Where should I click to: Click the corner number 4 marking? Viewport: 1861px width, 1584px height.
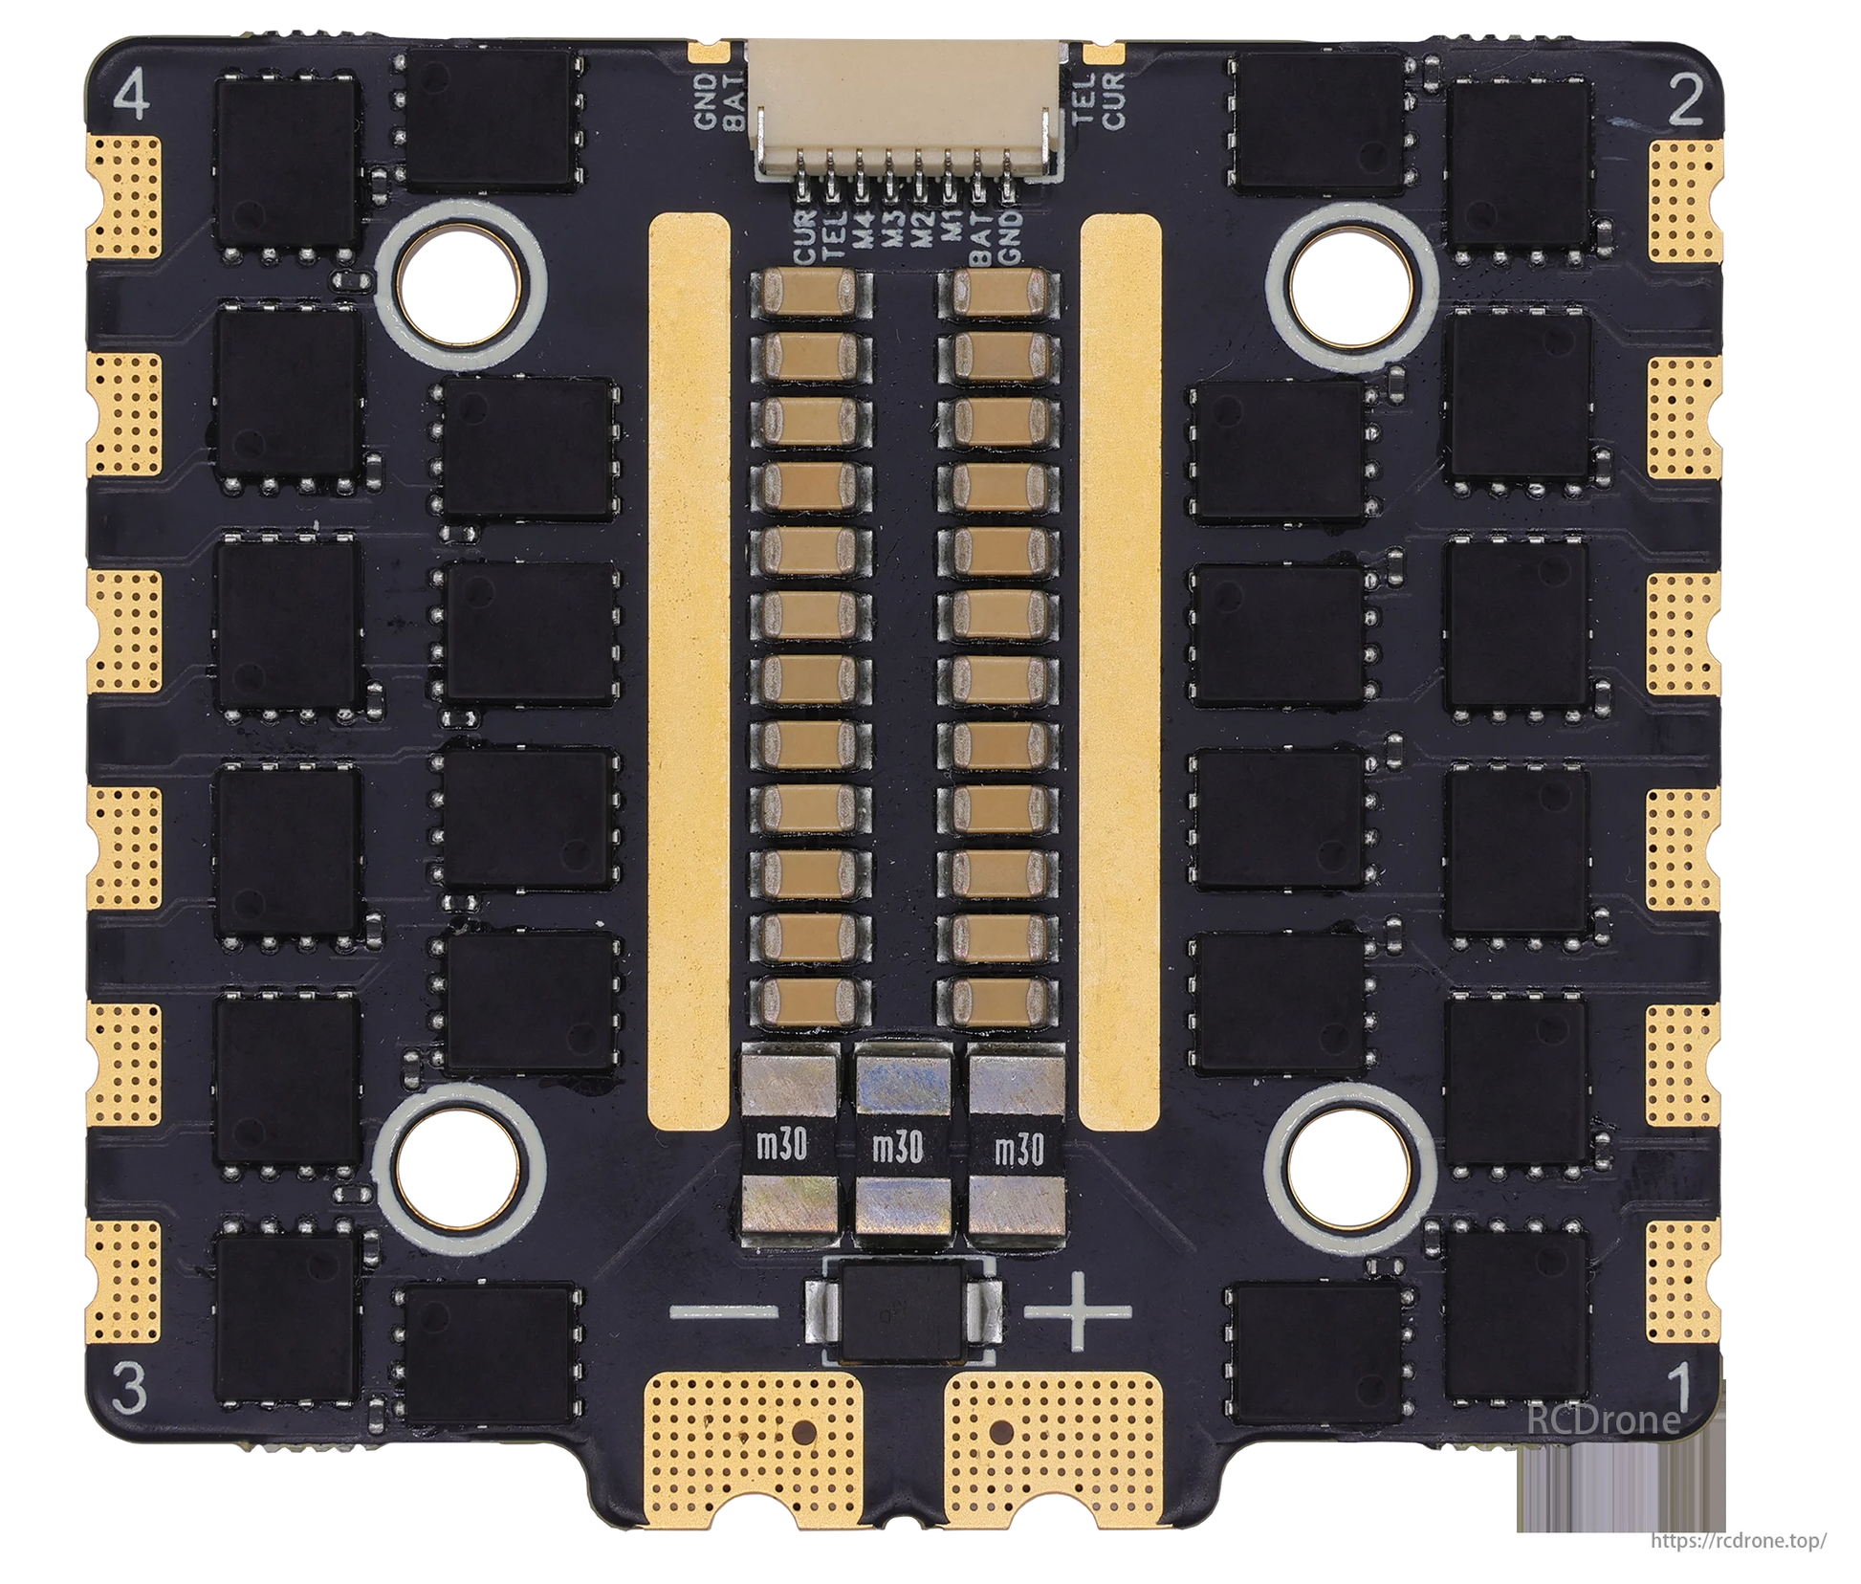132,98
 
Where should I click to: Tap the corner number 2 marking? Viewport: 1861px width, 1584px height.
1686,101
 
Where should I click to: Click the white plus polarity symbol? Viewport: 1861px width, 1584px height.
1079,1311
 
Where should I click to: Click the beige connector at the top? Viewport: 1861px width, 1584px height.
909,110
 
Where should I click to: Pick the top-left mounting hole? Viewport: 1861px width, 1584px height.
463,283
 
